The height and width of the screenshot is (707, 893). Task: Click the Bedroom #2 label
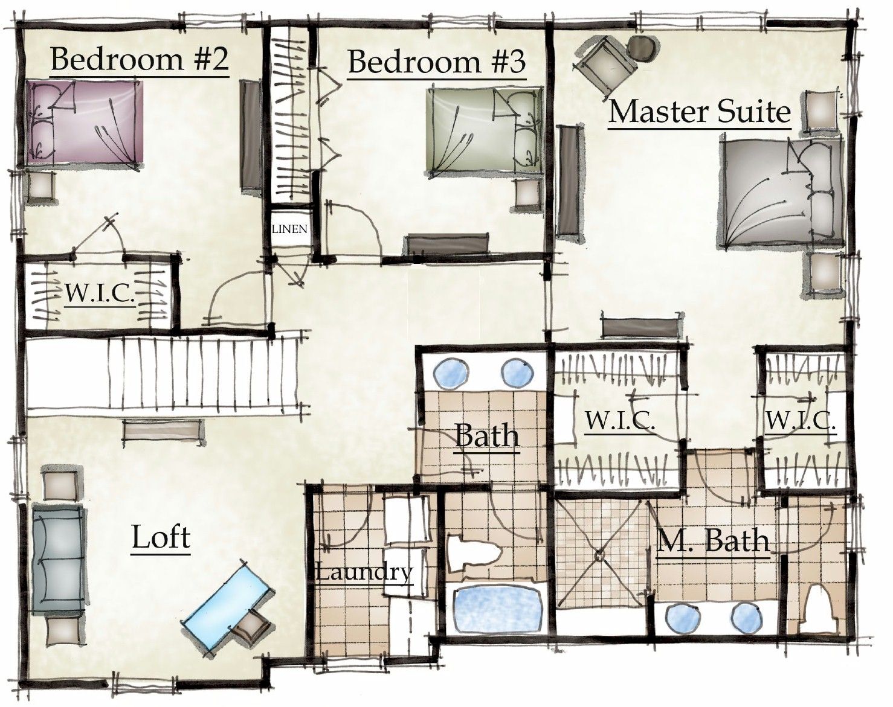[x=139, y=60]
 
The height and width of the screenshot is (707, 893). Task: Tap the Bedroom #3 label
[x=436, y=62]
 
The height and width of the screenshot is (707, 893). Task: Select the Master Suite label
[x=699, y=112]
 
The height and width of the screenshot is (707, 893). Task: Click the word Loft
[x=161, y=537]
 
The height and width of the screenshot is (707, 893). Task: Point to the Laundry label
[x=364, y=571]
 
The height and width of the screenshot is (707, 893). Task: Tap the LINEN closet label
[x=289, y=229]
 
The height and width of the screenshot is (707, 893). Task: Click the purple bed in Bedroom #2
[x=85, y=124]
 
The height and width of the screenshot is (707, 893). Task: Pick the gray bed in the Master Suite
[x=779, y=193]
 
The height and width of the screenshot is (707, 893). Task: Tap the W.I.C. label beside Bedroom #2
[x=100, y=294]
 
